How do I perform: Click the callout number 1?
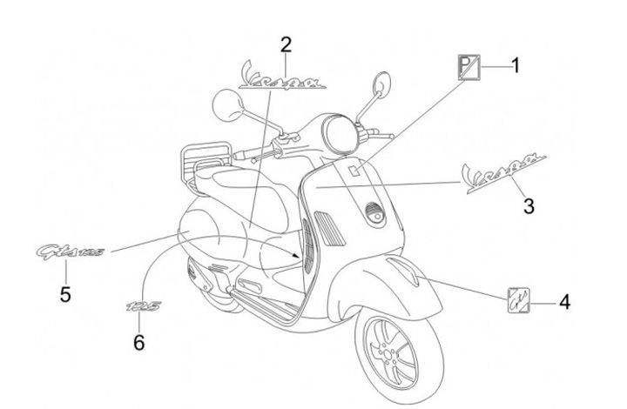pos(515,65)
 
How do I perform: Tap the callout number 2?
pos(286,44)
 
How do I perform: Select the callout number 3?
pos(529,206)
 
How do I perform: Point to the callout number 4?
pos(564,303)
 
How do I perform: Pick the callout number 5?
pos(65,294)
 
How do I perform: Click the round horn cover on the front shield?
pos(374,213)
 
